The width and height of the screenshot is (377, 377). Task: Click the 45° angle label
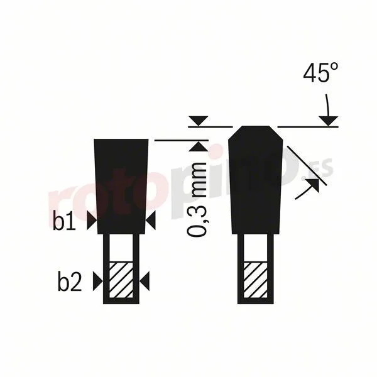click(320, 73)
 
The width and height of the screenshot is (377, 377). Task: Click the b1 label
click(64, 221)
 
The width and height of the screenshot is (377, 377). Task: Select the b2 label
click(70, 281)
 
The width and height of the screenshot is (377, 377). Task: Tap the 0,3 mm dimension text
click(197, 199)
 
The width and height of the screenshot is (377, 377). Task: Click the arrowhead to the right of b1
click(92, 221)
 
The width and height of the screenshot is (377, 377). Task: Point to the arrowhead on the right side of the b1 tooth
click(151, 221)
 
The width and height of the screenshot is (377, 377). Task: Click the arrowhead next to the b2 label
click(98, 281)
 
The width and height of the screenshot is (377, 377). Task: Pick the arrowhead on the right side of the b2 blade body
click(145, 281)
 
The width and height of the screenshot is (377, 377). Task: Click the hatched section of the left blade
click(121, 280)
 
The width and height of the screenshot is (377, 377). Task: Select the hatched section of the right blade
click(255, 280)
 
